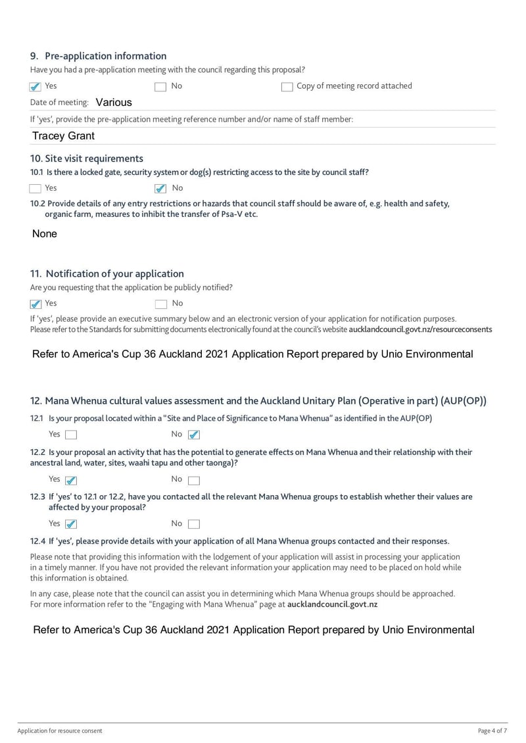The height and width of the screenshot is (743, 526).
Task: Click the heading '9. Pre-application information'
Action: (98, 56)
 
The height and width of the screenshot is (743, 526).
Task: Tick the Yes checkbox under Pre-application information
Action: (36, 87)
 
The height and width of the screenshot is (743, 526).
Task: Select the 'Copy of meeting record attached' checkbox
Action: (287, 87)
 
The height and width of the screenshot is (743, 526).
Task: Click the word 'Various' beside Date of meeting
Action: (113, 103)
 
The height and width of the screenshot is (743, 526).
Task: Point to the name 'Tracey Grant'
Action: (63, 136)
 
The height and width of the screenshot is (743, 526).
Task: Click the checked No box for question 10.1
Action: (160, 189)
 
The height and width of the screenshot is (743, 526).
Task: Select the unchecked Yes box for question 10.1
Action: (36, 189)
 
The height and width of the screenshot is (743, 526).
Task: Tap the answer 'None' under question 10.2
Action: (45, 234)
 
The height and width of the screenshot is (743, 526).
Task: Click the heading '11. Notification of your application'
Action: (107, 274)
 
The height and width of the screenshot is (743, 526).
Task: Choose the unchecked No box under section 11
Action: (160, 304)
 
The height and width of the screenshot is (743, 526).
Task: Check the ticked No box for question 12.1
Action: (193, 435)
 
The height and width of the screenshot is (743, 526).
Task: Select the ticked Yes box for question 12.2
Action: (71, 480)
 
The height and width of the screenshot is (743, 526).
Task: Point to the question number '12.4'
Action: (38, 541)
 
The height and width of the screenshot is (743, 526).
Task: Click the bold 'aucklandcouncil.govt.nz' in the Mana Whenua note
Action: (332, 604)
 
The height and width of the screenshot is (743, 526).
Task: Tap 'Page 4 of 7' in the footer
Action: (492, 731)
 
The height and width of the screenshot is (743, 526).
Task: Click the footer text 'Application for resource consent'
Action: (60, 731)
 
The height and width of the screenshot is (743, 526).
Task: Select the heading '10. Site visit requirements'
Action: (86, 158)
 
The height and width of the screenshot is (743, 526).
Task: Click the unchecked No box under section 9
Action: (160, 87)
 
